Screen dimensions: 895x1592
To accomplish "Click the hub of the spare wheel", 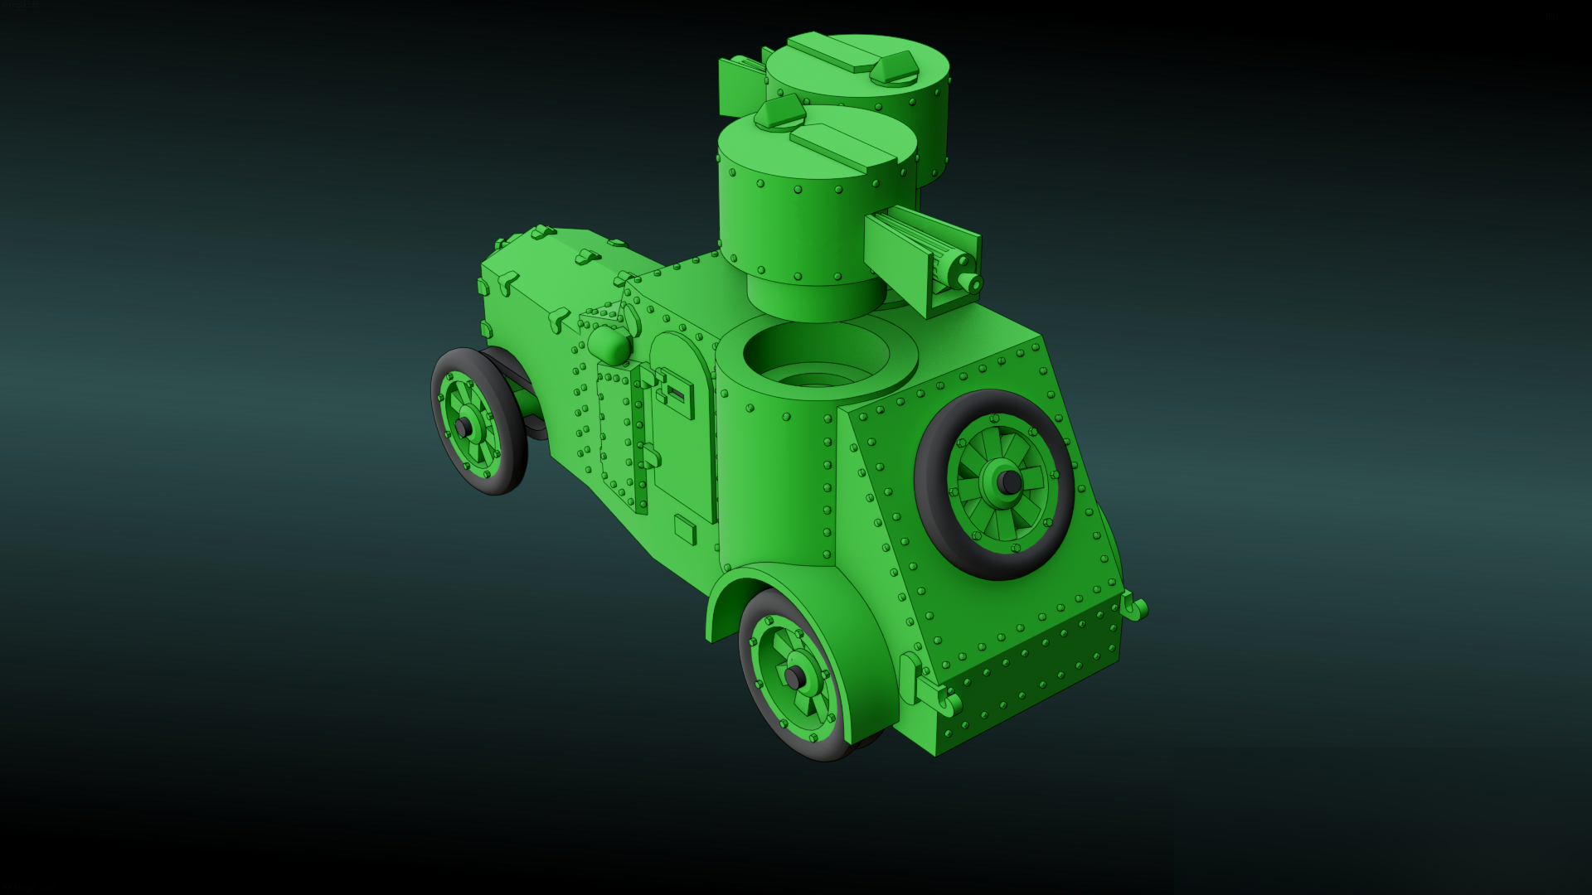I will [x=1007, y=481].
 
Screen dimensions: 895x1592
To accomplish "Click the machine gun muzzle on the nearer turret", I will [x=975, y=285].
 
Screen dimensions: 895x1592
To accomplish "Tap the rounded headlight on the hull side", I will [x=609, y=343].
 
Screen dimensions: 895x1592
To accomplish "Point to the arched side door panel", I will [x=684, y=439].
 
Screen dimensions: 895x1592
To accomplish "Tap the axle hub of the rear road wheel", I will [x=794, y=678].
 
